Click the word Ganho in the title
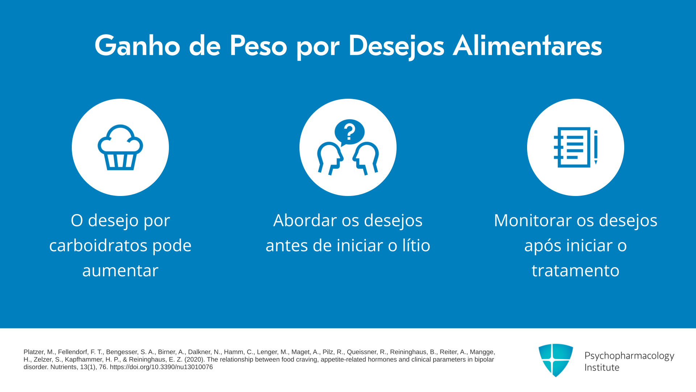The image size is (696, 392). click(x=137, y=46)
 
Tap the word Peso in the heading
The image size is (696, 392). click(x=258, y=46)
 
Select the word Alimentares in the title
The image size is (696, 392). click(x=527, y=46)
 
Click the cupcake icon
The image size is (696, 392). click(x=120, y=147)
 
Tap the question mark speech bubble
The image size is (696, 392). click(x=349, y=132)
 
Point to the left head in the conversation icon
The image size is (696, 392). click(x=330, y=159)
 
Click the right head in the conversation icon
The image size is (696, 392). click(x=366, y=159)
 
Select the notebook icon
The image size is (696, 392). click(x=572, y=147)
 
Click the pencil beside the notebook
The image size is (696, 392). click(x=596, y=147)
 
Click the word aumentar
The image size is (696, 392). click(x=120, y=271)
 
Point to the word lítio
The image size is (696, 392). click(x=417, y=245)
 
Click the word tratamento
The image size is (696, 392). click(x=576, y=271)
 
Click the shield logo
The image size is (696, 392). click(x=556, y=360)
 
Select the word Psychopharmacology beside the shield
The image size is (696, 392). click(x=629, y=356)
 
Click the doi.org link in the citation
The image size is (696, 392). click(x=161, y=367)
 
